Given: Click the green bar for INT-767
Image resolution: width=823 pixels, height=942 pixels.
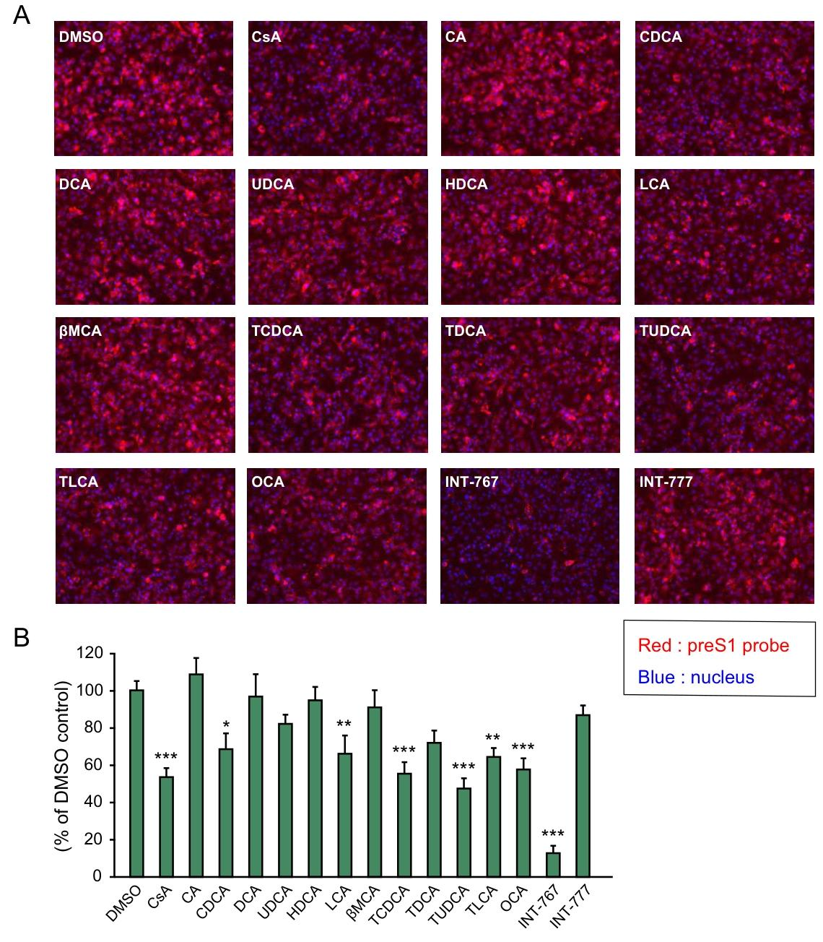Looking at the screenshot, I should pyautogui.click(x=552, y=864).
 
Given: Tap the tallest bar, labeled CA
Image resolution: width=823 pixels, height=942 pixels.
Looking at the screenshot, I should pyautogui.click(x=196, y=774).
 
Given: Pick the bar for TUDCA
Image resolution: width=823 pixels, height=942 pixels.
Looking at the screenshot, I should pyautogui.click(x=463, y=831).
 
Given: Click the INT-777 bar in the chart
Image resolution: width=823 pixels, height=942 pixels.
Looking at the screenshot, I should pyautogui.click(x=582, y=795).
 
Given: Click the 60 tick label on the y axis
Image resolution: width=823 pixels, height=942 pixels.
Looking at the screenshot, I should pyautogui.click(x=93, y=765).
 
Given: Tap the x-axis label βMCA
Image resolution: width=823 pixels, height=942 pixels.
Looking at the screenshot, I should pyautogui.click(x=363, y=904).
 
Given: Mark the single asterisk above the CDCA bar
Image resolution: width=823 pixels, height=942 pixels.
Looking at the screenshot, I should pyautogui.click(x=226, y=725).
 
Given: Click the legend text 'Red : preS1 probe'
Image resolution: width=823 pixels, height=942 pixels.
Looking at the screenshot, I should pyautogui.click(x=713, y=645).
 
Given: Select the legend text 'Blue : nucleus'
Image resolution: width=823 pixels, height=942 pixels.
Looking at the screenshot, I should pyautogui.click(x=696, y=677).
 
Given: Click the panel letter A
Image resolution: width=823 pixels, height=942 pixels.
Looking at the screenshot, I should pyautogui.click(x=21, y=14).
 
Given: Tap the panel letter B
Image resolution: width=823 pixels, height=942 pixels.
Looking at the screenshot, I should pyautogui.click(x=22, y=637).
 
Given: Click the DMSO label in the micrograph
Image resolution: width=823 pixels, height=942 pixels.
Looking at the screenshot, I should pyautogui.click(x=81, y=37).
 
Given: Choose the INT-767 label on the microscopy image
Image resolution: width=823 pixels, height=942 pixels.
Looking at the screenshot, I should pyautogui.click(x=471, y=482).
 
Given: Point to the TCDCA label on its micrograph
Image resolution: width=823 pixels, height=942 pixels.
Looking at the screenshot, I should pyautogui.click(x=277, y=332).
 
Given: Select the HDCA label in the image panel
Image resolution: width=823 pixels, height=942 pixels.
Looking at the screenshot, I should pyautogui.click(x=466, y=184).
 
